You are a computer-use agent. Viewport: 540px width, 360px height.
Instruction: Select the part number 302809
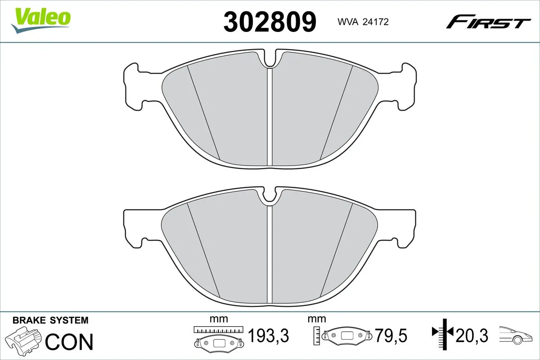point(270,22)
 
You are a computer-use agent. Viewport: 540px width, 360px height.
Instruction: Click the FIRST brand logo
point(488,22)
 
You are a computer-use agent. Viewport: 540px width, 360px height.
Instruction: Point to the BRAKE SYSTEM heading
point(50,320)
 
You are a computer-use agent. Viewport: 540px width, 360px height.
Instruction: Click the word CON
point(69,342)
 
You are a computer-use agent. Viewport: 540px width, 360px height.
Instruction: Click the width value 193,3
point(268,335)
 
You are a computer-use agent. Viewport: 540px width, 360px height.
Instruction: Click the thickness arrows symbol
point(444,333)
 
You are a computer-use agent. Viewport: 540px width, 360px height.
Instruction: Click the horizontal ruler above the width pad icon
point(218,329)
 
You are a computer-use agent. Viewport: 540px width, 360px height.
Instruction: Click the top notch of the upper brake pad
point(270,58)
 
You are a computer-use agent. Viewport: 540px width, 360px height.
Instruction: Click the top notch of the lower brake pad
point(270,195)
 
